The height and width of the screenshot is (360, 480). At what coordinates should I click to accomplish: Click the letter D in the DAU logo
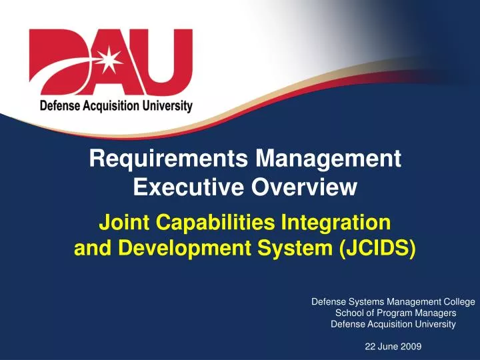pyautogui.click(x=53, y=63)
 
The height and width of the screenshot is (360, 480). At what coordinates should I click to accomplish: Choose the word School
pyautogui.click(x=349, y=313)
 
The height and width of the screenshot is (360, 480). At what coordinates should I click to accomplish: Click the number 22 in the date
pyautogui.click(x=371, y=345)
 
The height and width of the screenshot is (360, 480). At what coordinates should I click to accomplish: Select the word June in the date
pyautogui.click(x=389, y=345)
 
